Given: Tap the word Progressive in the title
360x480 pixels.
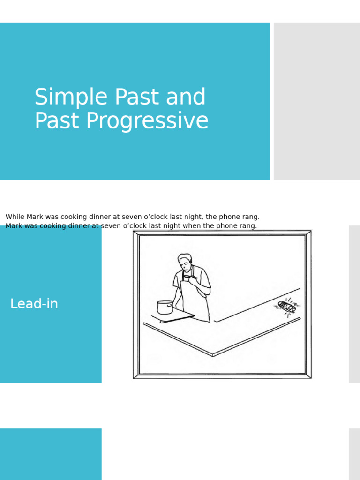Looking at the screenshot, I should coord(147,120).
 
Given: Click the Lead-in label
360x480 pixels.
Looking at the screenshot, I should coord(34,304).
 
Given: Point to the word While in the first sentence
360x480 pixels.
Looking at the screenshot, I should coord(15,217).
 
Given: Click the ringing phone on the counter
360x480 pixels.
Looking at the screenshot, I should coord(287,307).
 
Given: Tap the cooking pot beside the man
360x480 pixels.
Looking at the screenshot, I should coord(165,307).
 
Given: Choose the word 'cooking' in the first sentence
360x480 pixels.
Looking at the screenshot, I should coord(72,217).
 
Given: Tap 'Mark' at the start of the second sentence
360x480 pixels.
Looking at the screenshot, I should coord(14,226).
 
